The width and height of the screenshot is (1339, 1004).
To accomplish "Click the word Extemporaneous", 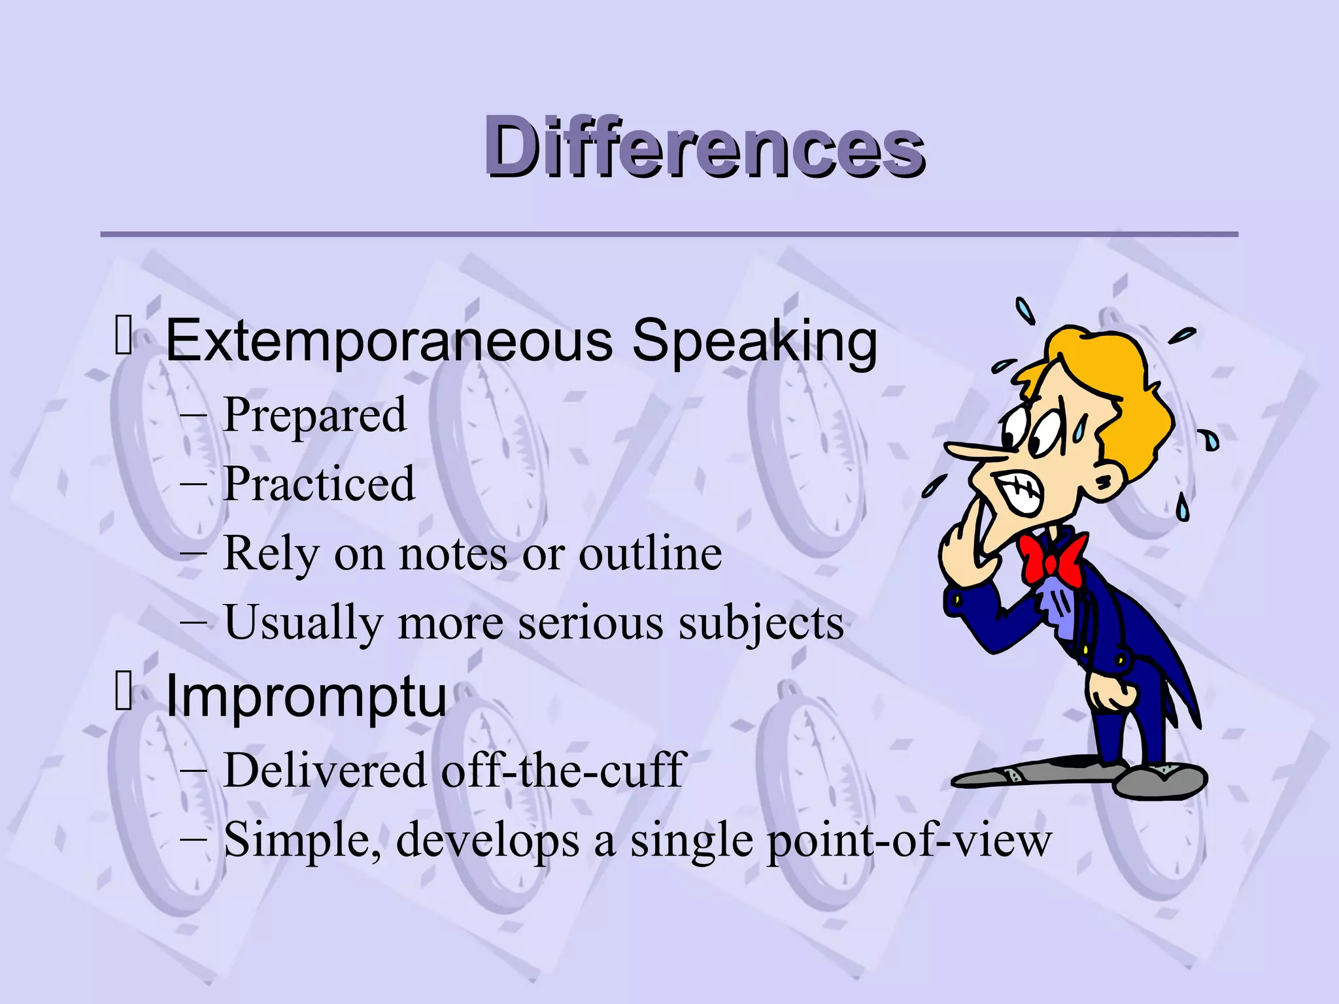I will (389, 341).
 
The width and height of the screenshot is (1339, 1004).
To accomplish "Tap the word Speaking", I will (754, 341).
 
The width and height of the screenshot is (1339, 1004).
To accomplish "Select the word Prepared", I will (314, 415).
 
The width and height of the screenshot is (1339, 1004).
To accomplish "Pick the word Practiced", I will (319, 484).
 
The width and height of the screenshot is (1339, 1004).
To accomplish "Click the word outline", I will (650, 554).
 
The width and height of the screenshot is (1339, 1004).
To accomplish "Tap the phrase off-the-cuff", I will (563, 771).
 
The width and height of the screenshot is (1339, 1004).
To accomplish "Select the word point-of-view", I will (909, 840).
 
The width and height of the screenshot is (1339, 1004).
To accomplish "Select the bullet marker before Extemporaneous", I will (124, 335).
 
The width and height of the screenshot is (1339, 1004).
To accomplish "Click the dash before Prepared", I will (194, 416).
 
